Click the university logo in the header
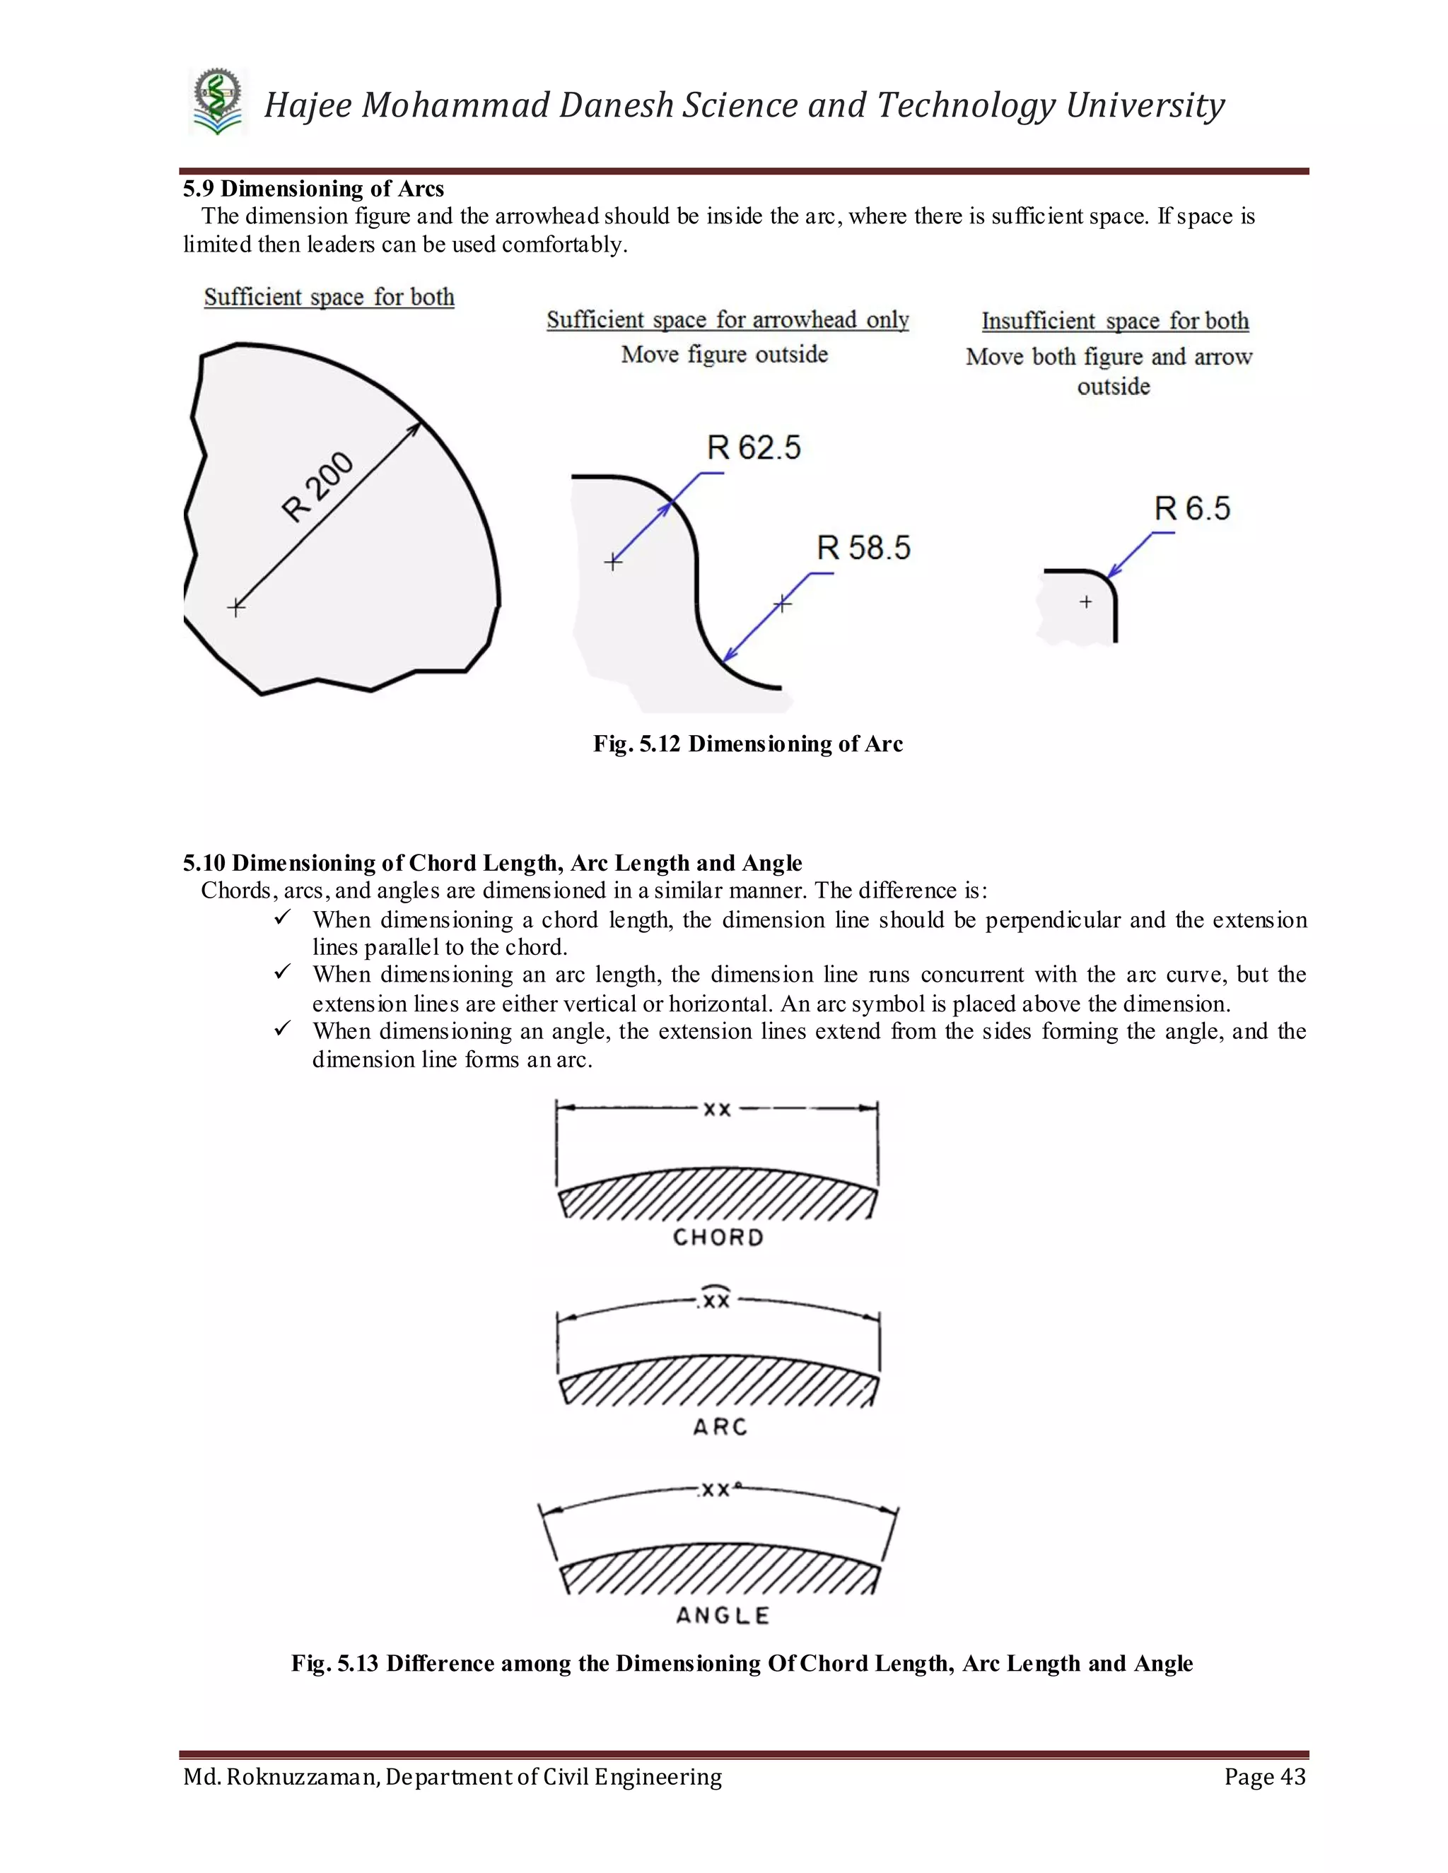coord(218,102)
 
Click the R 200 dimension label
coord(317,486)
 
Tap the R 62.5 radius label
coord(753,447)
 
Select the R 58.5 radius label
coord(863,548)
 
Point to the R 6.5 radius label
coord(1191,509)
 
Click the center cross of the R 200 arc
coord(236,607)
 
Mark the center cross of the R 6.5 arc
coord(1086,602)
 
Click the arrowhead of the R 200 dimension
coord(415,428)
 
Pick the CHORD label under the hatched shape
coord(718,1238)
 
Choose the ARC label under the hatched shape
coord(720,1427)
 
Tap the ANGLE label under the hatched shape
coord(723,1616)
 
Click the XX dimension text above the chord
coord(717,1110)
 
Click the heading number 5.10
coord(204,863)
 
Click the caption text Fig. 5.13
coord(334,1664)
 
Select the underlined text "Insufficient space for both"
coord(1115,321)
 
